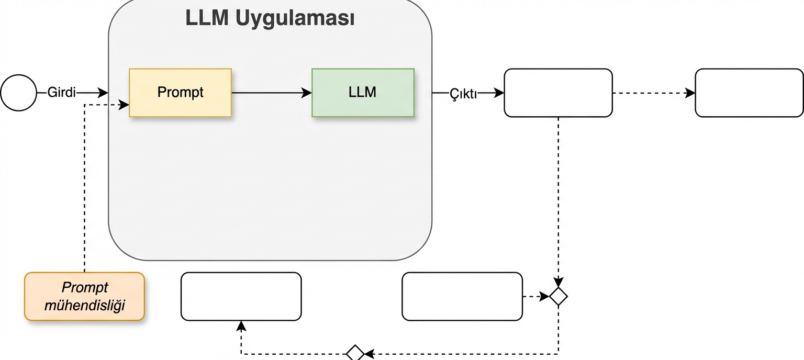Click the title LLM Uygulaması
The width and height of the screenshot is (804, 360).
(270, 18)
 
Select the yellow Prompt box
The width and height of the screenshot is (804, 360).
(180, 93)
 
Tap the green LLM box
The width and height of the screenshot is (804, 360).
(363, 93)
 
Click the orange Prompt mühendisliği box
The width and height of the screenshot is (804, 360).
(84, 296)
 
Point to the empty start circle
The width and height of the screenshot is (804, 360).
(19, 93)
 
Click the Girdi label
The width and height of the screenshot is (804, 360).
(62, 93)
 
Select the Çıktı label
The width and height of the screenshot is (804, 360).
(463, 93)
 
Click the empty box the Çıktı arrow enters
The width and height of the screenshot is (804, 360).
(558, 93)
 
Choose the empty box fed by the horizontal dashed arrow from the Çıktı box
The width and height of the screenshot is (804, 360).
(749, 93)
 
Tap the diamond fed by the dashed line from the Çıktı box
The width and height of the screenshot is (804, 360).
(559, 296)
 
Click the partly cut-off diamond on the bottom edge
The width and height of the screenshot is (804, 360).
(355, 353)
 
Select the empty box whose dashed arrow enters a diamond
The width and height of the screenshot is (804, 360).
(462, 296)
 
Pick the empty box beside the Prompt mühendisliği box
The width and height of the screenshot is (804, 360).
(241, 296)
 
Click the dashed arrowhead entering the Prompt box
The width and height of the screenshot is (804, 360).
(124, 105)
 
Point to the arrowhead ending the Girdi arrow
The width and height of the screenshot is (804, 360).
(103, 93)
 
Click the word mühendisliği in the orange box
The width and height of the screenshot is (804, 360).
(84, 305)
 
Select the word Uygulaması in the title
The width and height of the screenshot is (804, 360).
(295, 18)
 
